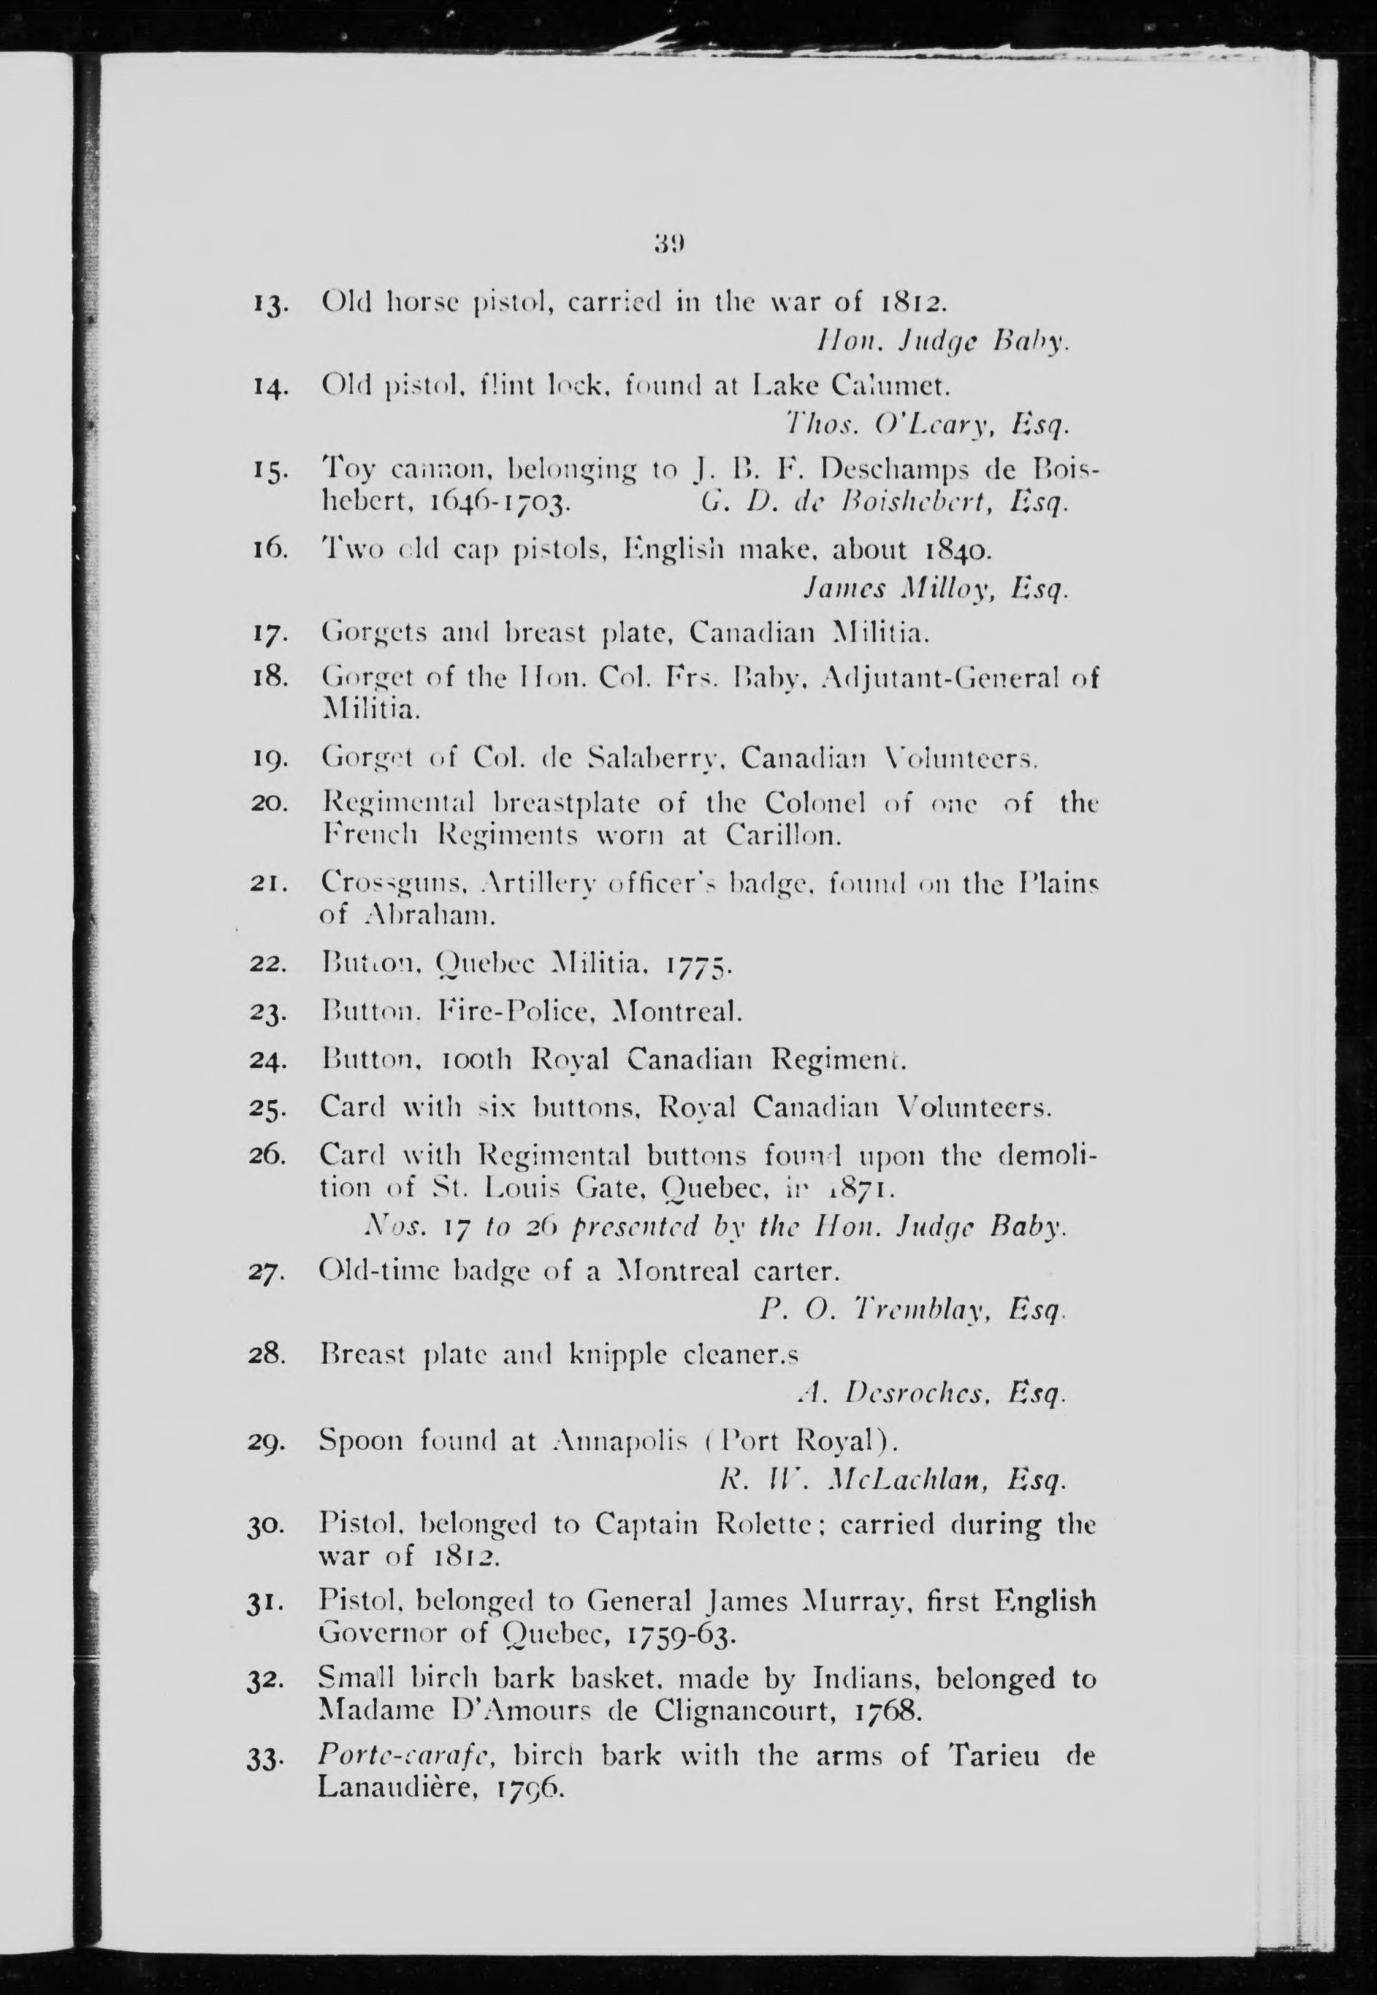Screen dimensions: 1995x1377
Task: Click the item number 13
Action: [270, 305]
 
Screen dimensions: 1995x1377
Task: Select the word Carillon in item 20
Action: [782, 835]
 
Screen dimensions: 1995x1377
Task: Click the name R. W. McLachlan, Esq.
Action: [893, 1480]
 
